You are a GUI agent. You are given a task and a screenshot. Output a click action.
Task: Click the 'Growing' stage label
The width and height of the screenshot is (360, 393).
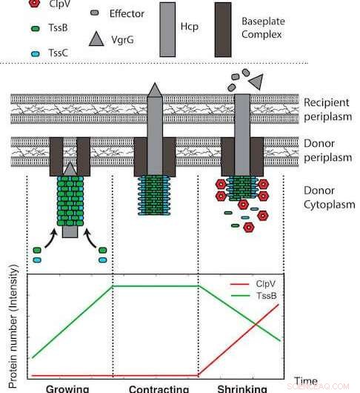click(x=67, y=388)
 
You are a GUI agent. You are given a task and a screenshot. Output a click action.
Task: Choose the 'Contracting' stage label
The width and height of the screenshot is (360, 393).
click(x=158, y=388)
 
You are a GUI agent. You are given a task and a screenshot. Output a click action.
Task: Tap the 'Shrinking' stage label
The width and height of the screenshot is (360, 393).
click(x=241, y=388)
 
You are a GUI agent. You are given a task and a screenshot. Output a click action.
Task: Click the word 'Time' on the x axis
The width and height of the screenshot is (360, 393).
click(x=306, y=380)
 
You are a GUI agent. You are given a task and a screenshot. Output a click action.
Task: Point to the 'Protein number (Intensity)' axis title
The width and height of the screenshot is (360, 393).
click(x=16, y=326)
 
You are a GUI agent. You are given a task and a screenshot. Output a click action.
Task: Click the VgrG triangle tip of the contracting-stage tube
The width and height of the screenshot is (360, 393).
click(x=154, y=90)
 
